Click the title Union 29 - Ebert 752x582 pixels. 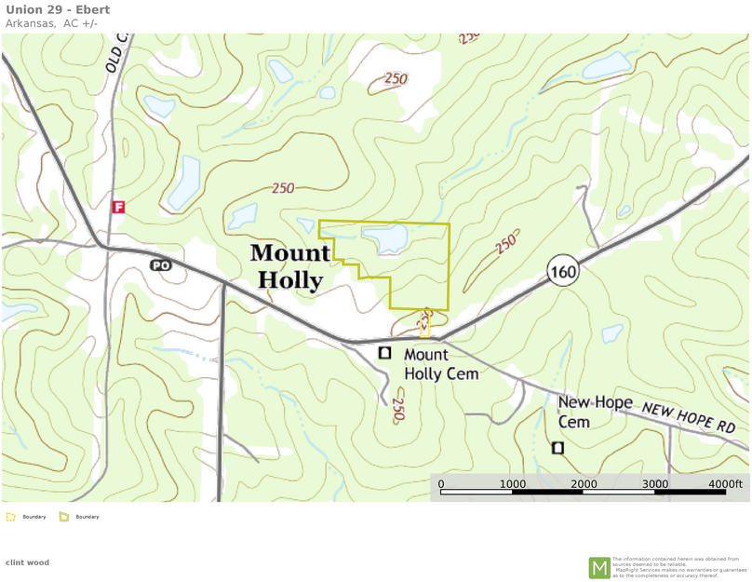coord(58,10)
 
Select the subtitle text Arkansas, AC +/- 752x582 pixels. coord(51,23)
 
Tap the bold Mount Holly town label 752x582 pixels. coord(289,266)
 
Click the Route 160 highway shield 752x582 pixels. coord(563,271)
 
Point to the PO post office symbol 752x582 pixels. coord(161,265)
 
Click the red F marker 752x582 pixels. coord(118,207)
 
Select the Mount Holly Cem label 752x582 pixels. coord(440,364)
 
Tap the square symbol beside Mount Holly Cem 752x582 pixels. coord(384,353)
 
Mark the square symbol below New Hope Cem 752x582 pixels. coord(557,448)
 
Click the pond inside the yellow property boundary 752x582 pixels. coord(389,239)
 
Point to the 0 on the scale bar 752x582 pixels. coord(441,484)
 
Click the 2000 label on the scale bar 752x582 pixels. coord(584,484)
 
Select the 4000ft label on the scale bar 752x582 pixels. coord(725,484)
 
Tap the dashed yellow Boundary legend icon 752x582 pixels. coord(11,516)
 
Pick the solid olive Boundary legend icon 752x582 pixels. coord(64,516)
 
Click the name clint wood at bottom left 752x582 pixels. coord(27,562)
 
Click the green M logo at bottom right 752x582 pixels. coord(599,567)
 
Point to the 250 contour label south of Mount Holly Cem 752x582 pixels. coord(397,409)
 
